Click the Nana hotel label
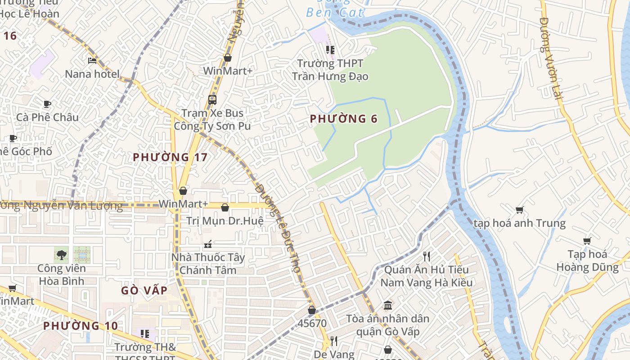92,74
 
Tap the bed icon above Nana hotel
92,60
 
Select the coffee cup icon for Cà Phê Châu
47,104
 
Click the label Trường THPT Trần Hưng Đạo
330,70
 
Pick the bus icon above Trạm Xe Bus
212,99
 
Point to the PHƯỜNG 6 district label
343,119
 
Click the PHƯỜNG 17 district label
170,157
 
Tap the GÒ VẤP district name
144,290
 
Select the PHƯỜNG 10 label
81,325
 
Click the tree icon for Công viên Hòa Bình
61,255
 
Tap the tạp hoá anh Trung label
519,223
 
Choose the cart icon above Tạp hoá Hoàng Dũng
587,241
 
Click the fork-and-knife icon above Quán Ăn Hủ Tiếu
427,256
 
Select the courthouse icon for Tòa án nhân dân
388,306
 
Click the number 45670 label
312,323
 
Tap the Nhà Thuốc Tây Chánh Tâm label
208,264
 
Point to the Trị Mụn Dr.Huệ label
225,221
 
